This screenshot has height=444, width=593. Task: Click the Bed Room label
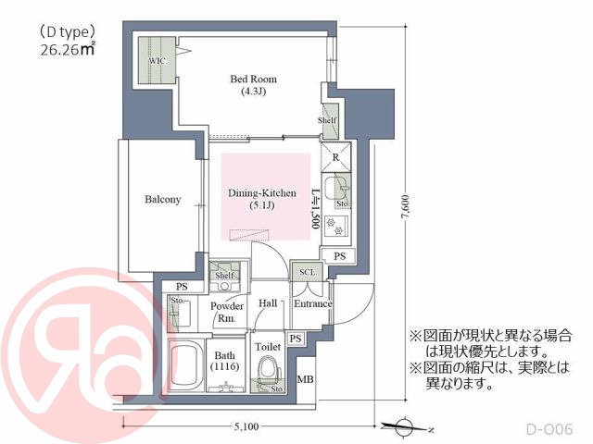point(253,85)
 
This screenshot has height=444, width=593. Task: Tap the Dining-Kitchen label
point(262,199)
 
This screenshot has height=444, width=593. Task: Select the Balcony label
point(162,200)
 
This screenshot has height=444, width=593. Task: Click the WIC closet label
point(158,60)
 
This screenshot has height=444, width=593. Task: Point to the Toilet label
point(268,346)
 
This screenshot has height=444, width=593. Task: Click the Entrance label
point(312,303)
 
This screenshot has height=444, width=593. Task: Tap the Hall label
point(269,303)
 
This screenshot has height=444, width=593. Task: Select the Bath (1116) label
point(225,360)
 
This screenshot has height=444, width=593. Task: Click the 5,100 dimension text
point(246,426)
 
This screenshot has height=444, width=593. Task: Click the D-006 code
point(550,429)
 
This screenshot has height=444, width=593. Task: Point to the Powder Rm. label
point(227,312)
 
